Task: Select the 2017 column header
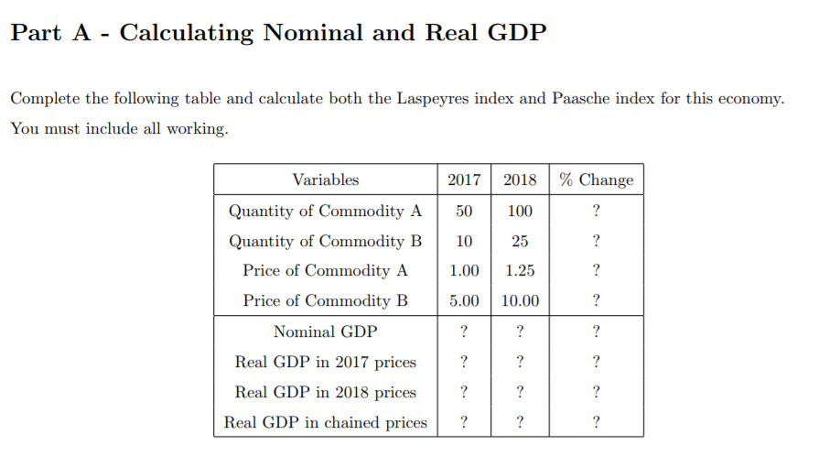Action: (464, 179)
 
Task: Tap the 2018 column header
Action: (520, 179)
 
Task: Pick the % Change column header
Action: (596, 179)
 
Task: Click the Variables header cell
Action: (325, 179)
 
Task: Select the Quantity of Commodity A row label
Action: (325, 211)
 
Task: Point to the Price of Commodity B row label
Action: (325, 300)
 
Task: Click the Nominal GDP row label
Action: (325, 331)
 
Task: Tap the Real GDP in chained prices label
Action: (325, 422)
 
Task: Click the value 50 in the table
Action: (464, 211)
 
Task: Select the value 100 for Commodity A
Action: (520, 211)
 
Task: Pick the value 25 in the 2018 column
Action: (520, 241)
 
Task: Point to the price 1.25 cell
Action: (520, 271)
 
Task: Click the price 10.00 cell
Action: (520, 300)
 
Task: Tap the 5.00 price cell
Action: (464, 300)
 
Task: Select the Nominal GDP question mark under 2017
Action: (464, 331)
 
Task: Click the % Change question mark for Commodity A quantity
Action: (596, 211)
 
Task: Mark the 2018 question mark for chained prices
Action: (520, 422)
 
